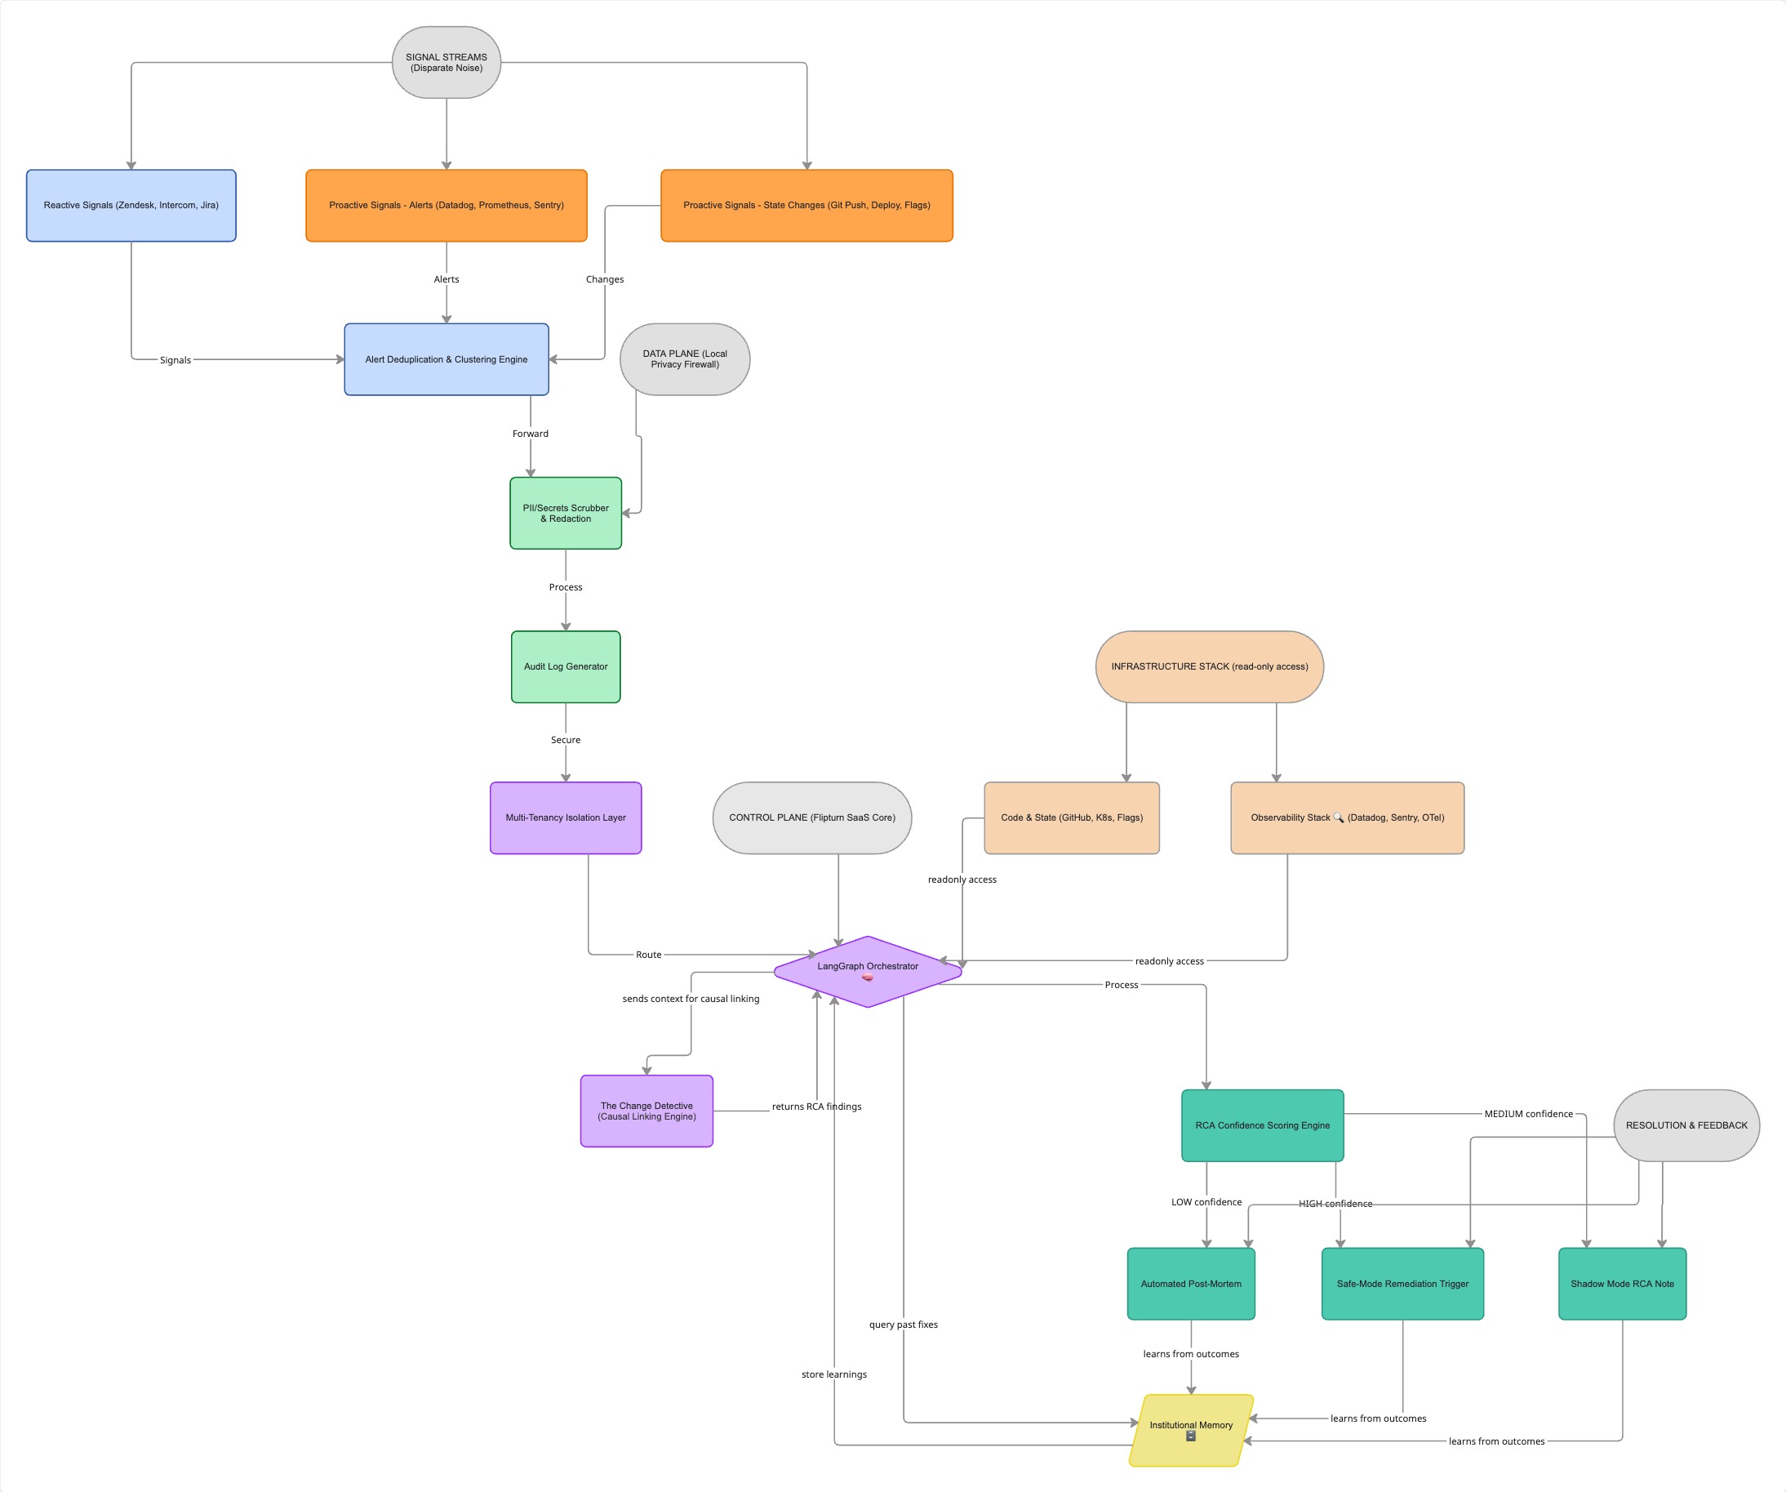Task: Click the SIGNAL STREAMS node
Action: (446, 62)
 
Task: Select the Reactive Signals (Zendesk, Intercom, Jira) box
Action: (131, 205)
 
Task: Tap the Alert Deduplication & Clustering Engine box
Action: (446, 359)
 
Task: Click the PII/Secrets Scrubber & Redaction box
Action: (566, 513)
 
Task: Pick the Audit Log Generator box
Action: (566, 666)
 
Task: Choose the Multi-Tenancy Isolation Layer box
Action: (566, 817)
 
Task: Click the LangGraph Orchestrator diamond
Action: (868, 970)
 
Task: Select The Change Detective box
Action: (646, 1111)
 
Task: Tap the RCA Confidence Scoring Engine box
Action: (1262, 1125)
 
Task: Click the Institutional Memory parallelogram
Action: (1191, 1430)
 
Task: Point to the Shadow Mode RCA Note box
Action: (1622, 1284)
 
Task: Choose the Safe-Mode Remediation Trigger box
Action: (1402, 1284)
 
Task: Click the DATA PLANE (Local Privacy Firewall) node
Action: (685, 359)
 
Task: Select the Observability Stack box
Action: (1347, 817)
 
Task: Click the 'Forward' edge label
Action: (530, 434)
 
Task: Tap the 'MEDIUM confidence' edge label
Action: (1528, 1113)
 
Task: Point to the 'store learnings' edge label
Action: (833, 1374)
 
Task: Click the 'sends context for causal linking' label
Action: (691, 999)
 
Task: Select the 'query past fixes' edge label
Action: (904, 1325)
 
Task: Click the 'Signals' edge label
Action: (175, 360)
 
